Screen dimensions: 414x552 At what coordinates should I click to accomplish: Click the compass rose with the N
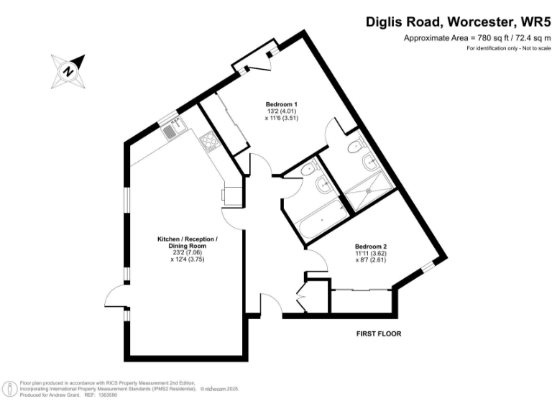click(x=68, y=70)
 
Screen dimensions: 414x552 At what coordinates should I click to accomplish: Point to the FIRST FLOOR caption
click(x=379, y=333)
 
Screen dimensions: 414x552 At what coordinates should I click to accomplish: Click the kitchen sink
click(x=171, y=132)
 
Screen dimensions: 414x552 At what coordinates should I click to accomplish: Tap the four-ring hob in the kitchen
click(x=210, y=142)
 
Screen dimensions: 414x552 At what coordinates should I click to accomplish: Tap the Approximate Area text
click(x=476, y=37)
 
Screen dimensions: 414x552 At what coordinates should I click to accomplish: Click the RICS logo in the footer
click(x=11, y=389)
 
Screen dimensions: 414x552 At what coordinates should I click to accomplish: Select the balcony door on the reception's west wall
click(x=115, y=294)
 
